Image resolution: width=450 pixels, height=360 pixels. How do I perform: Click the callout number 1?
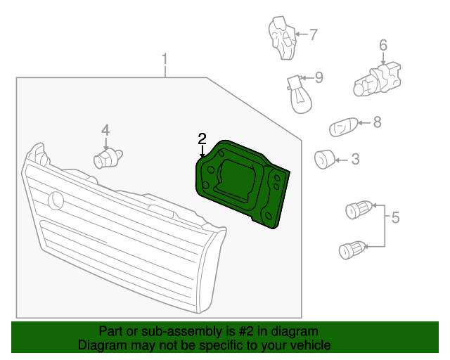(165, 59)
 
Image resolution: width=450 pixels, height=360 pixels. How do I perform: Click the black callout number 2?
(202, 139)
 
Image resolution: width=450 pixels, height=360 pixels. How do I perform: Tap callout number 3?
(355, 159)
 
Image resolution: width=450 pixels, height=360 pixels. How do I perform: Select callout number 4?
(105, 130)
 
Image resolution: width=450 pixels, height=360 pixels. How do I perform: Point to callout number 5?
(395, 217)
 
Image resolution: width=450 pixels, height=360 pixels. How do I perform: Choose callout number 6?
(383, 46)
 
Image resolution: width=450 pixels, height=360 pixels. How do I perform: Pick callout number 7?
(313, 34)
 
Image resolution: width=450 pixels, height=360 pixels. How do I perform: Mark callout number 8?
(377, 122)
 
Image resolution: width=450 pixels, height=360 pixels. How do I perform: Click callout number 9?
(319, 77)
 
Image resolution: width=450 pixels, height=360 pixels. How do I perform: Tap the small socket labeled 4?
(108, 159)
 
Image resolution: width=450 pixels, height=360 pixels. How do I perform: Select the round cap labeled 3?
(324, 160)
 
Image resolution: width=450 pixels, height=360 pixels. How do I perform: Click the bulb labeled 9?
(300, 94)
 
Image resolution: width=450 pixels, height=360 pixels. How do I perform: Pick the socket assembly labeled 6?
(377, 79)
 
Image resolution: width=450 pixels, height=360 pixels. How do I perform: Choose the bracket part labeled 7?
(283, 38)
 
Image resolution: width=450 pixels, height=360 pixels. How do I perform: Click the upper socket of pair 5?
(359, 210)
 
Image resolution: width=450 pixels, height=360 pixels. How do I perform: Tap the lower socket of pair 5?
(352, 250)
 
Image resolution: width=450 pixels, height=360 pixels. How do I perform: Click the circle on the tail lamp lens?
(56, 200)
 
